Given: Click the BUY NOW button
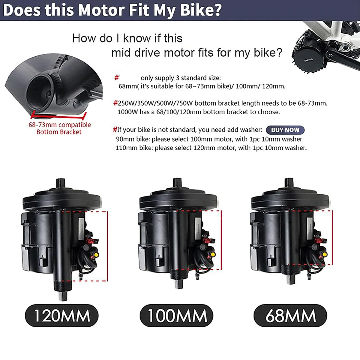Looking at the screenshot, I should (285, 130).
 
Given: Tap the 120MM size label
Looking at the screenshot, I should (62, 316).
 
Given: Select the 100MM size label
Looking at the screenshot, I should (177, 316).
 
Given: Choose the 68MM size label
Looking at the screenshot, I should (290, 316).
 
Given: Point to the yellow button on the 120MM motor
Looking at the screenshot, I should (97, 255).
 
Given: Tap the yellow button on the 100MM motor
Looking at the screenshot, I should (213, 254).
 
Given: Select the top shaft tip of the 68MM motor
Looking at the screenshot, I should (289, 181).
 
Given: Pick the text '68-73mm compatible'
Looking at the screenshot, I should (60, 125).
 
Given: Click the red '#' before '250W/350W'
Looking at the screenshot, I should (115, 103).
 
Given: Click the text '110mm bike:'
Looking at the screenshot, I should (134, 148).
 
